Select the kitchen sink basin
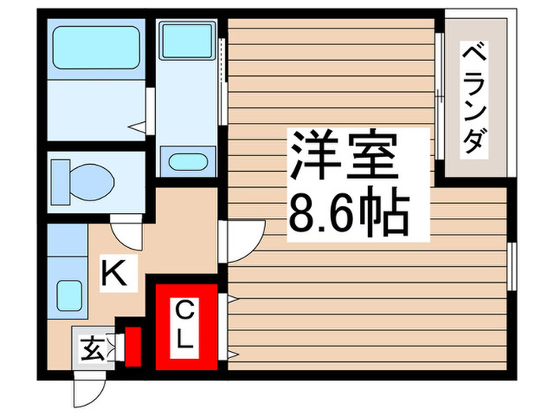coord(68,296)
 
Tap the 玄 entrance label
coord(91,348)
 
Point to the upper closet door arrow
coord(232,300)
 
